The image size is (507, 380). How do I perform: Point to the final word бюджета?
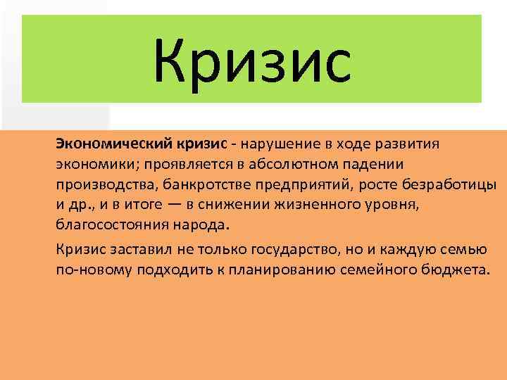tap(457, 271)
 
